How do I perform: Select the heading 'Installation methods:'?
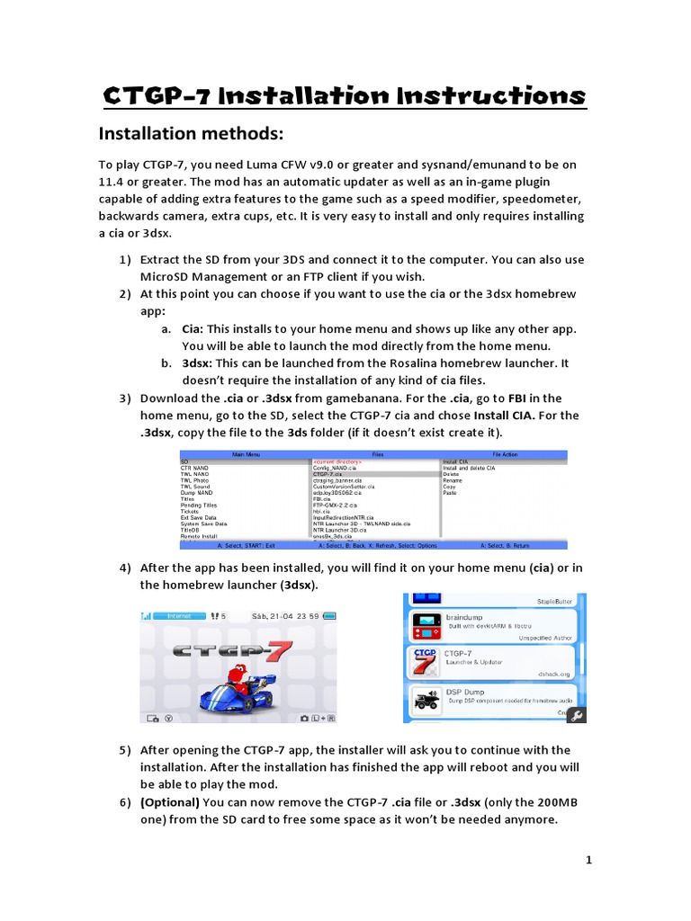click(x=190, y=134)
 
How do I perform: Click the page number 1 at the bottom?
click(x=588, y=860)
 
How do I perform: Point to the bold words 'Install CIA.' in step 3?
click(x=505, y=415)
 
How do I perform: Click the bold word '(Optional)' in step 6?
click(x=169, y=801)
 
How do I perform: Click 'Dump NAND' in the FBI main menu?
click(x=197, y=493)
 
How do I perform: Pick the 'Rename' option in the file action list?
click(x=453, y=480)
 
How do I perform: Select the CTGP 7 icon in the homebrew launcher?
click(x=424, y=661)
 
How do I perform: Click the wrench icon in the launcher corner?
click(x=577, y=715)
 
